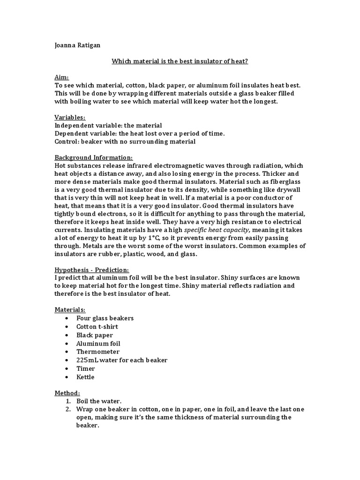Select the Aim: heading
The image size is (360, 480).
tap(61, 76)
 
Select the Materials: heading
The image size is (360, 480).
tap(70, 310)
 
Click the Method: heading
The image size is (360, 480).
tap(67, 393)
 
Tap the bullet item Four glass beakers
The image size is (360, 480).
tap(105, 318)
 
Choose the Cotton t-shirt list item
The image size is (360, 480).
tap(97, 327)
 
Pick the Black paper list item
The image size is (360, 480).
tap(95, 335)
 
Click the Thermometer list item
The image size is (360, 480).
tap(98, 352)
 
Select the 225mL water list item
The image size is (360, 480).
tap(122, 360)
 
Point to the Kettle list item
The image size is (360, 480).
tap(85, 377)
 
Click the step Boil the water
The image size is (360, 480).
tap(99, 401)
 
